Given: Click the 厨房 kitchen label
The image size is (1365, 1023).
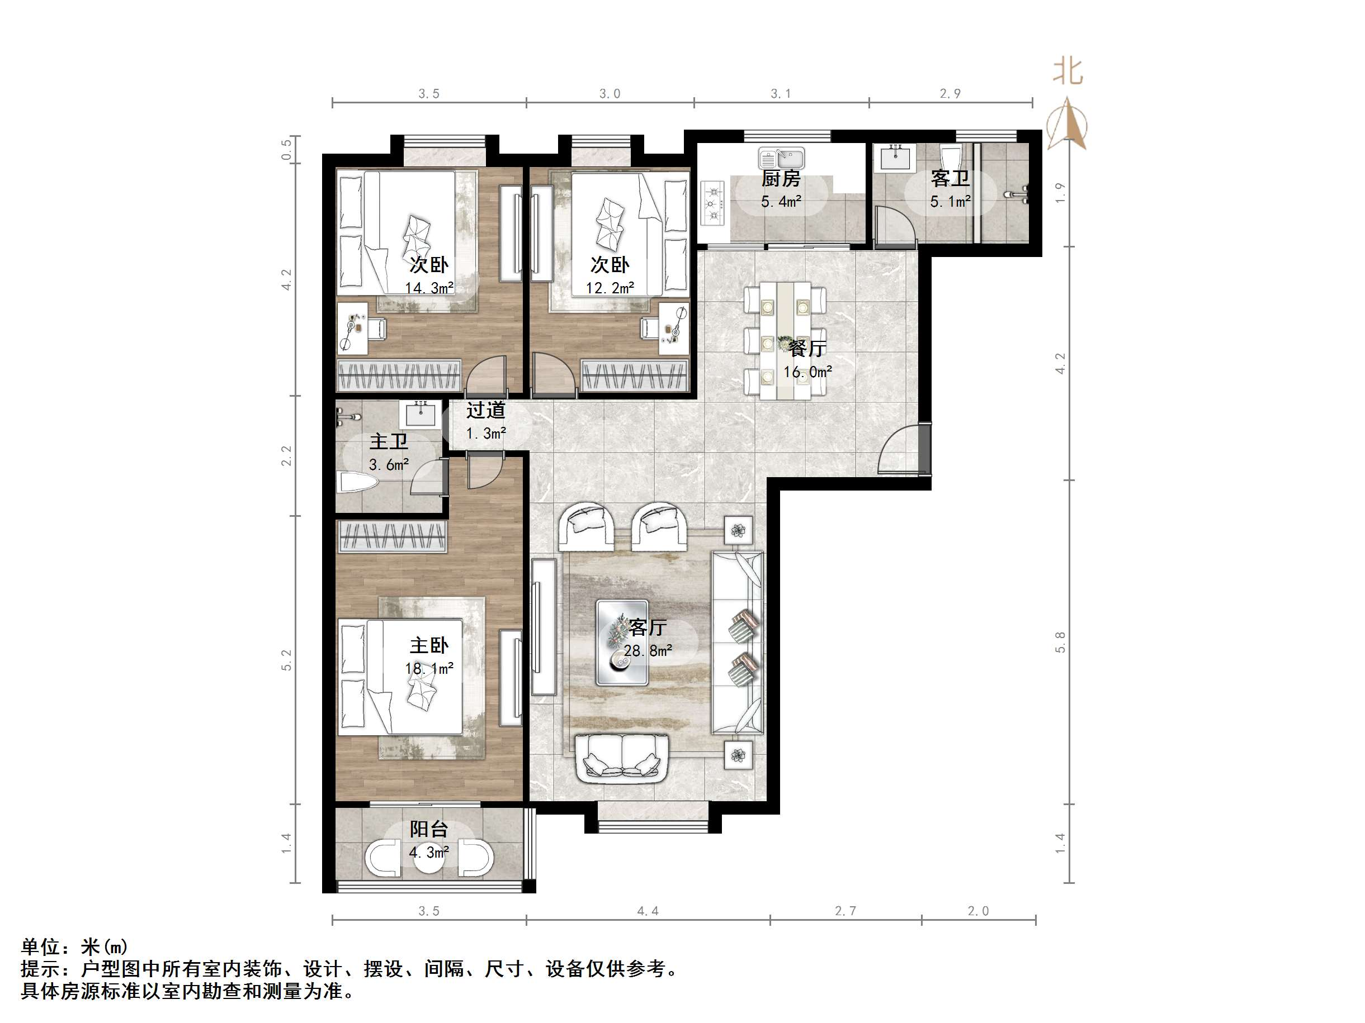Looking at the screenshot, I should (781, 179).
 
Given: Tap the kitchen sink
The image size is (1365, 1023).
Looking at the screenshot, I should (781, 159).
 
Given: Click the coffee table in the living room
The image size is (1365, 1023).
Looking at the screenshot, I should (621, 643).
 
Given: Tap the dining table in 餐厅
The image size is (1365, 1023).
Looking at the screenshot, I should (785, 340).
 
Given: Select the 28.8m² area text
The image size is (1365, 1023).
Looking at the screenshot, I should (648, 650).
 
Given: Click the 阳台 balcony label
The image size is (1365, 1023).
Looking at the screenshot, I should (428, 829).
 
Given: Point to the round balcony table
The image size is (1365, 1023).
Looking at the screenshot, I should (428, 858).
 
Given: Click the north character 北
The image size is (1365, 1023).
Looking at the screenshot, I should (1068, 72).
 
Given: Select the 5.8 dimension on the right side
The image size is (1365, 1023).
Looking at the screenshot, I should (1060, 642).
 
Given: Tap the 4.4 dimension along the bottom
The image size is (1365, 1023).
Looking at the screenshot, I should (648, 911).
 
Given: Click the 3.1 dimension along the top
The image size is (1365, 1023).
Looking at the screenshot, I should (781, 94).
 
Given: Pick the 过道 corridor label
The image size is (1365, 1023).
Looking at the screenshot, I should (485, 410).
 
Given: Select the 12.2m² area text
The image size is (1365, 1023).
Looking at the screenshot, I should (610, 288).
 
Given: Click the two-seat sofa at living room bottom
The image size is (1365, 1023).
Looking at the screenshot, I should (622, 759).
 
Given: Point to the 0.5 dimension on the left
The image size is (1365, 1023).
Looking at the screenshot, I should (286, 149).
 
